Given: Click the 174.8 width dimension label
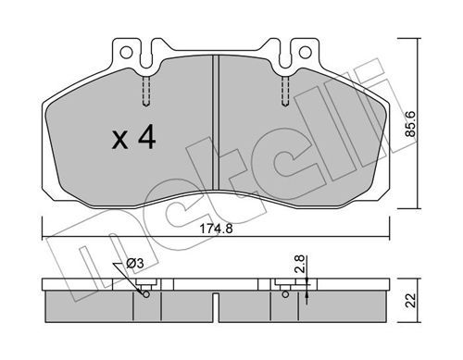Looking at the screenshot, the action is coord(216,229).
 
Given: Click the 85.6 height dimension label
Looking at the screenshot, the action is coord(411,124).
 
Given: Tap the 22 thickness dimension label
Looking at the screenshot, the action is coord(411,301).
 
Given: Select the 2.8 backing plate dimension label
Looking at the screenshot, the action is coord(299,264).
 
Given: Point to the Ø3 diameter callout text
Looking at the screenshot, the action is coord(135,264).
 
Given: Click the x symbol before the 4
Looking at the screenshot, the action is coord(119,140).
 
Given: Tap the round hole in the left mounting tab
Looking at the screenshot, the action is coord(126,52).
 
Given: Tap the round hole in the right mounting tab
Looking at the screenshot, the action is coord(305,52).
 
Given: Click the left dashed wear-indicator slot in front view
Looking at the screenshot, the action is coord(146,91).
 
